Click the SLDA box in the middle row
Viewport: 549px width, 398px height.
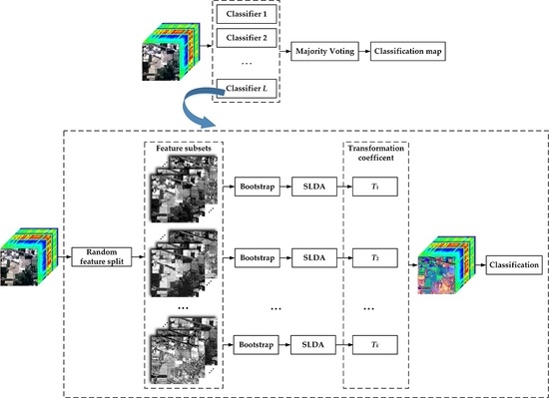tap(318, 256)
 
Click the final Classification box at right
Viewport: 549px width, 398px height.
tap(514, 267)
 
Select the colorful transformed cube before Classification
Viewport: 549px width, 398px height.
tap(448, 267)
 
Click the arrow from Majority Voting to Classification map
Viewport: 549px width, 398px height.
tap(367, 49)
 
